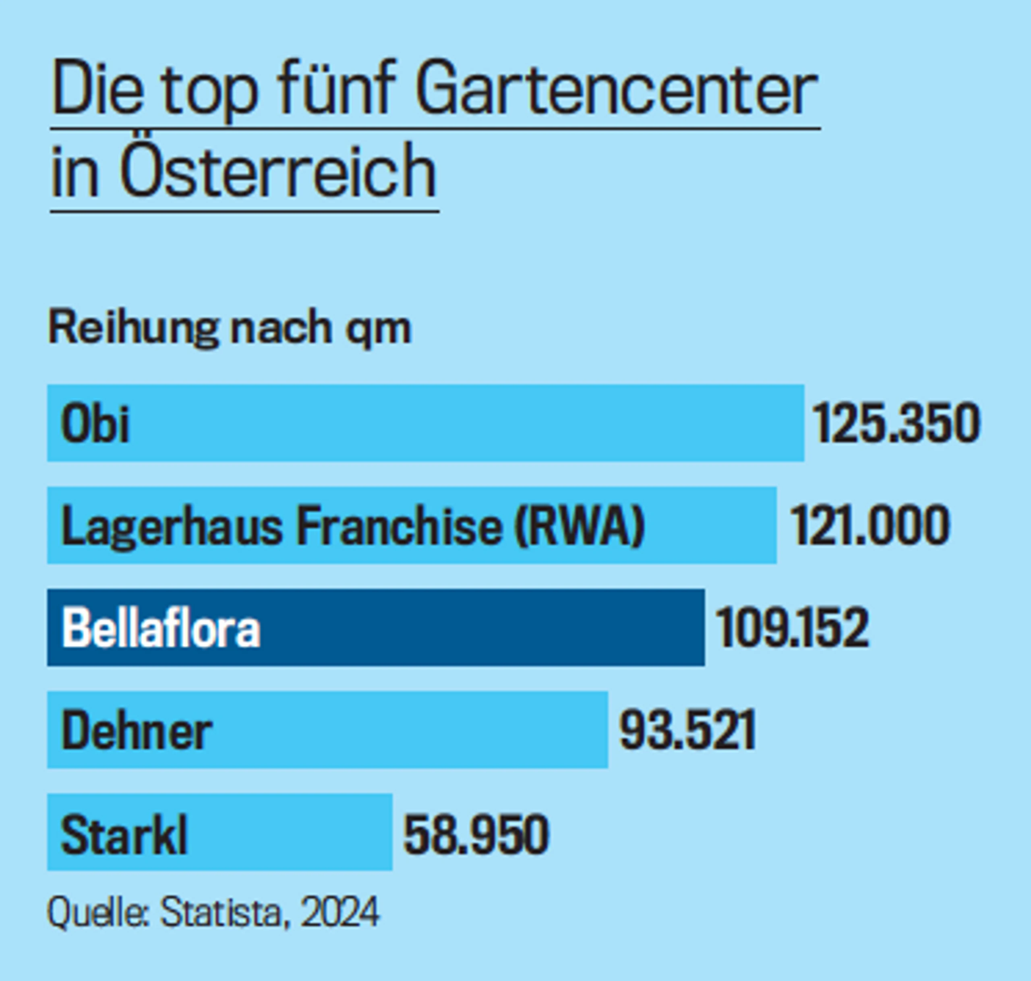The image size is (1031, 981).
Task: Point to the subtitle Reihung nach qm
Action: coord(230,328)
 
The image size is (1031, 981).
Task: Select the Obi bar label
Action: coord(95,424)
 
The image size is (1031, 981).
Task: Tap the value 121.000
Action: coord(869,526)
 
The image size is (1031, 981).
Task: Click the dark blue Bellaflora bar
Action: coord(470,627)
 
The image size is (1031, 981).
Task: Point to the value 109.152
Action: coord(791,627)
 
